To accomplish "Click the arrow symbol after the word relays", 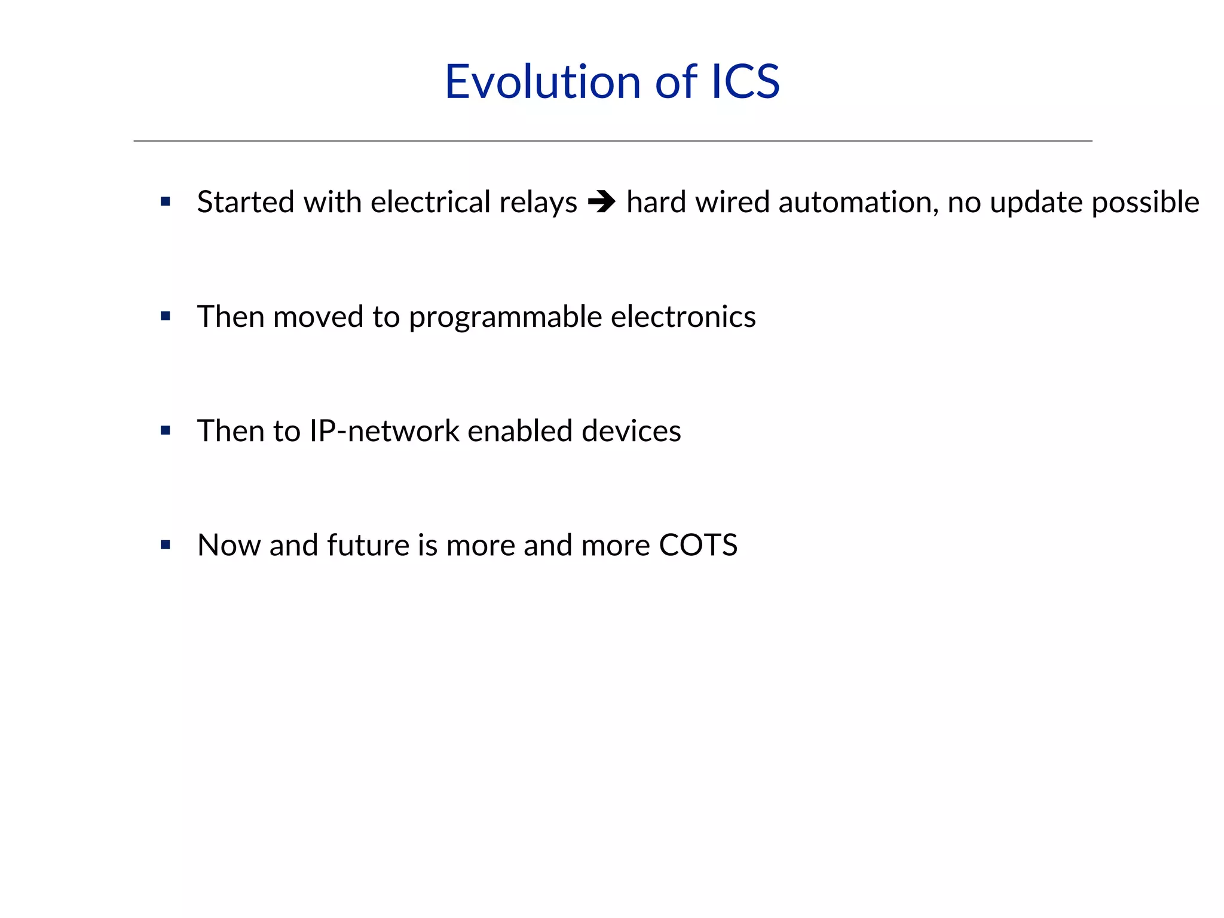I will coord(601,202).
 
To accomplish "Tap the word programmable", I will coord(505,317).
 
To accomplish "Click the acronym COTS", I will coord(697,545).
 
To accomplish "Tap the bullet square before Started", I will coord(166,202).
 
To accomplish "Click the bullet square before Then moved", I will coord(166,316).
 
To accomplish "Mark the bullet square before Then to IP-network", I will coord(166,430).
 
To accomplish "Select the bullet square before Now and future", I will coord(166,544).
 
